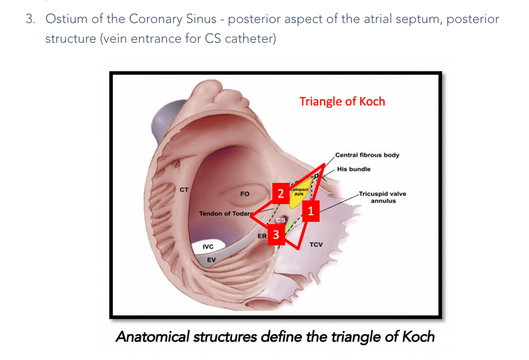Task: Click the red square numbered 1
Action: (310, 211)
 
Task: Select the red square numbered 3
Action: (276, 235)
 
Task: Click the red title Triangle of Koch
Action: (342, 101)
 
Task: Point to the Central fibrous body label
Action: (367, 155)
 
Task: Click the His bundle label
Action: (354, 169)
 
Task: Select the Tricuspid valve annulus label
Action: (383, 197)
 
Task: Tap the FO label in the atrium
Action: (245, 194)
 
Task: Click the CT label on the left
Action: (184, 190)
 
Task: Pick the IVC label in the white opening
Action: (208, 247)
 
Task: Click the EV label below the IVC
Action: (212, 260)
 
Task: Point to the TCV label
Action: (316, 245)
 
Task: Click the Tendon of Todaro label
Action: (225, 214)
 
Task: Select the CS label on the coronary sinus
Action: (281, 220)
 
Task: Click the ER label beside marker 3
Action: (262, 236)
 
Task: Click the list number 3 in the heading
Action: (30, 19)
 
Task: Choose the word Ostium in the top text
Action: (65, 19)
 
